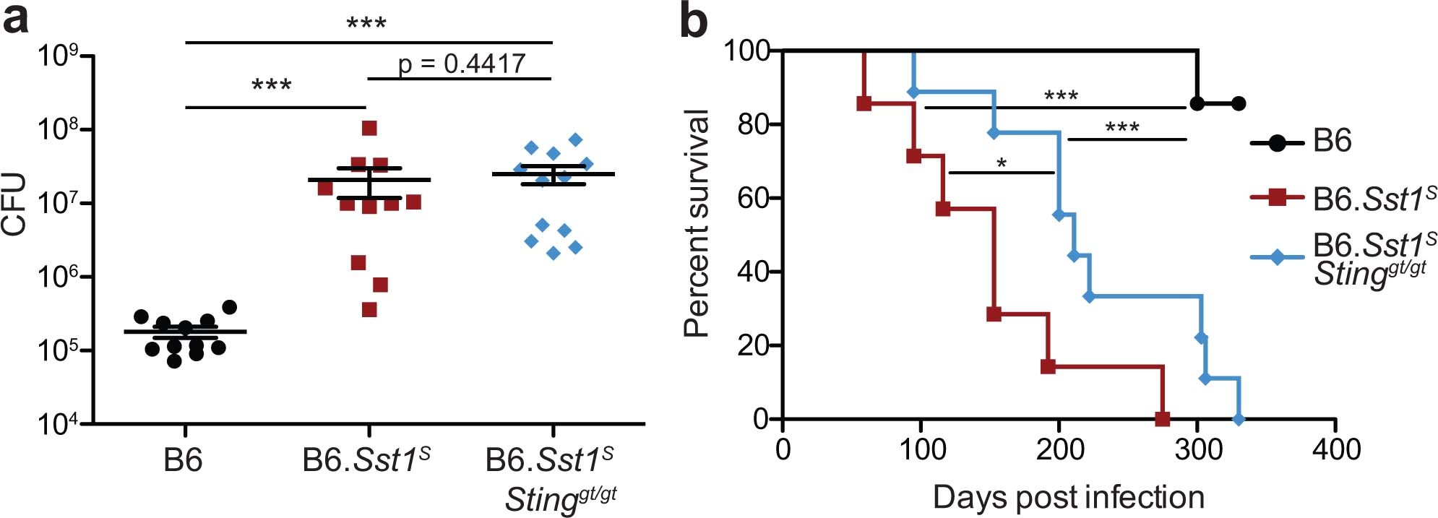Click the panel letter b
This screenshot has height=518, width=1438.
[694, 22]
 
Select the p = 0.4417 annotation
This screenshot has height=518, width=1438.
[461, 64]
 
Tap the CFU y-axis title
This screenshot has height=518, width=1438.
[14, 205]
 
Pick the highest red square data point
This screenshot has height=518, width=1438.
[369, 129]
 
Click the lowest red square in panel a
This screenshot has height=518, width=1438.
[369, 310]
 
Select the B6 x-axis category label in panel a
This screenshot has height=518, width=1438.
[183, 460]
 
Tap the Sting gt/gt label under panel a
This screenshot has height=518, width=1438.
[560, 498]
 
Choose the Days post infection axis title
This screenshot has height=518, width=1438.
[1068, 497]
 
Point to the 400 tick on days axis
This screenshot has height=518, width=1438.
[1335, 449]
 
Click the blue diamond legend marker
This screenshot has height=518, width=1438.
[1277, 256]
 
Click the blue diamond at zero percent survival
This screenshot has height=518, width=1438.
[1239, 419]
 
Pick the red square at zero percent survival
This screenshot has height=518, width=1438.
[1162, 419]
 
